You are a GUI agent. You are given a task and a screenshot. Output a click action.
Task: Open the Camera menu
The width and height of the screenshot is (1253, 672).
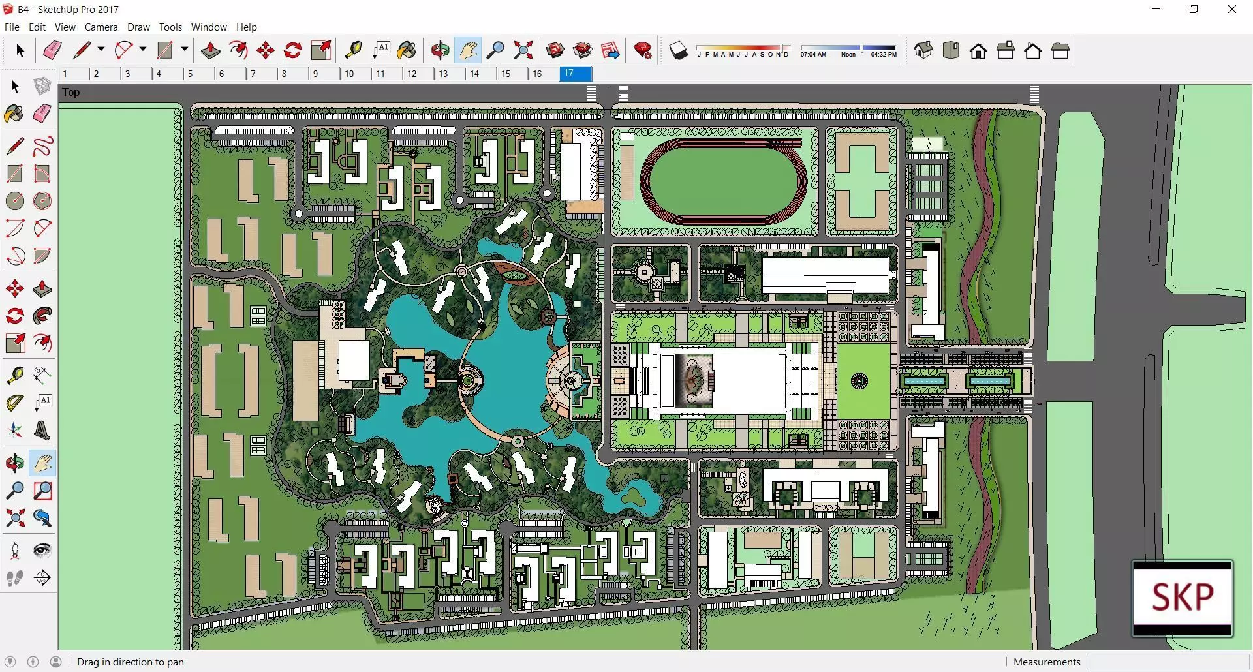point(101,27)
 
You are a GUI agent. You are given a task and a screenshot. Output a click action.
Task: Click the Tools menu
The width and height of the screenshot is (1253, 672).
point(170,27)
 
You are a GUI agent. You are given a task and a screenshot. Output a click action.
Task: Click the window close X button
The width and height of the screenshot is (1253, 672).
point(1232,9)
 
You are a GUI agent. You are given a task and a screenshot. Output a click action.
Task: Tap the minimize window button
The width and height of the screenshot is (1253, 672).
point(1156,9)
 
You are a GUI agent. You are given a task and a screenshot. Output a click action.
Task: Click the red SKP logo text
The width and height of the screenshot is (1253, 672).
point(1183,596)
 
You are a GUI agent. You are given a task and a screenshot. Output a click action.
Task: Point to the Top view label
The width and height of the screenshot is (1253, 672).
point(71,92)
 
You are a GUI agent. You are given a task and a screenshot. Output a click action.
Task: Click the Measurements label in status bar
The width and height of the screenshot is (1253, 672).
point(1047,662)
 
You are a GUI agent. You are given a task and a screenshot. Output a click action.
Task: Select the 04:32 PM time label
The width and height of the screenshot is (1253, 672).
point(884,55)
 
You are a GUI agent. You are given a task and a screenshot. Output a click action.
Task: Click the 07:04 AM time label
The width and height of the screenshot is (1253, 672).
point(813,55)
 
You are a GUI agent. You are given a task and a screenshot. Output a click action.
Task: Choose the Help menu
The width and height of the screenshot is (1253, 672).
point(247,27)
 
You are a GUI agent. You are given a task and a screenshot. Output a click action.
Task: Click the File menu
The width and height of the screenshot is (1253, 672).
point(12,27)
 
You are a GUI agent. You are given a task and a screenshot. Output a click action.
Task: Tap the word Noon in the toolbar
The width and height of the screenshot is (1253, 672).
point(848,55)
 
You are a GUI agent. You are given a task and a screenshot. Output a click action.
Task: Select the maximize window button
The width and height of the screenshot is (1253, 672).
point(1194,9)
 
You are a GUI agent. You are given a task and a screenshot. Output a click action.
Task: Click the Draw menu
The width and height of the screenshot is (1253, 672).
point(138,27)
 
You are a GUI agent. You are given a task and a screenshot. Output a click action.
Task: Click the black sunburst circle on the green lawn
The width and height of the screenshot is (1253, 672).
point(859,381)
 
